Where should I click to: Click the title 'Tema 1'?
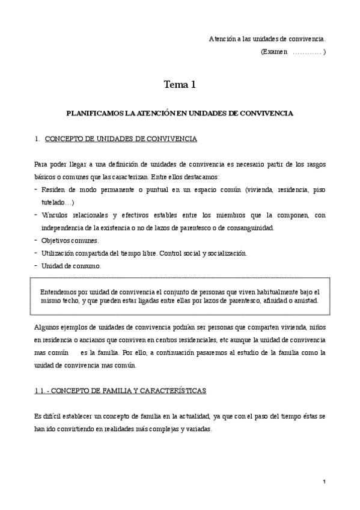pos(180,85)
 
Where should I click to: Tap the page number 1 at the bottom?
pos(323,482)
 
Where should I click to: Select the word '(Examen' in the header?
pos(273,52)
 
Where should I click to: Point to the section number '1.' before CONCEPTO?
pos(37,139)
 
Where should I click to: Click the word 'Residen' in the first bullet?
pos(53,190)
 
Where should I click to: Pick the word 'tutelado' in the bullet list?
pos(53,203)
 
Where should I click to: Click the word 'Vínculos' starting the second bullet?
pos(56,215)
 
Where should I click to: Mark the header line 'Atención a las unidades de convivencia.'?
pos(267,39)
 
